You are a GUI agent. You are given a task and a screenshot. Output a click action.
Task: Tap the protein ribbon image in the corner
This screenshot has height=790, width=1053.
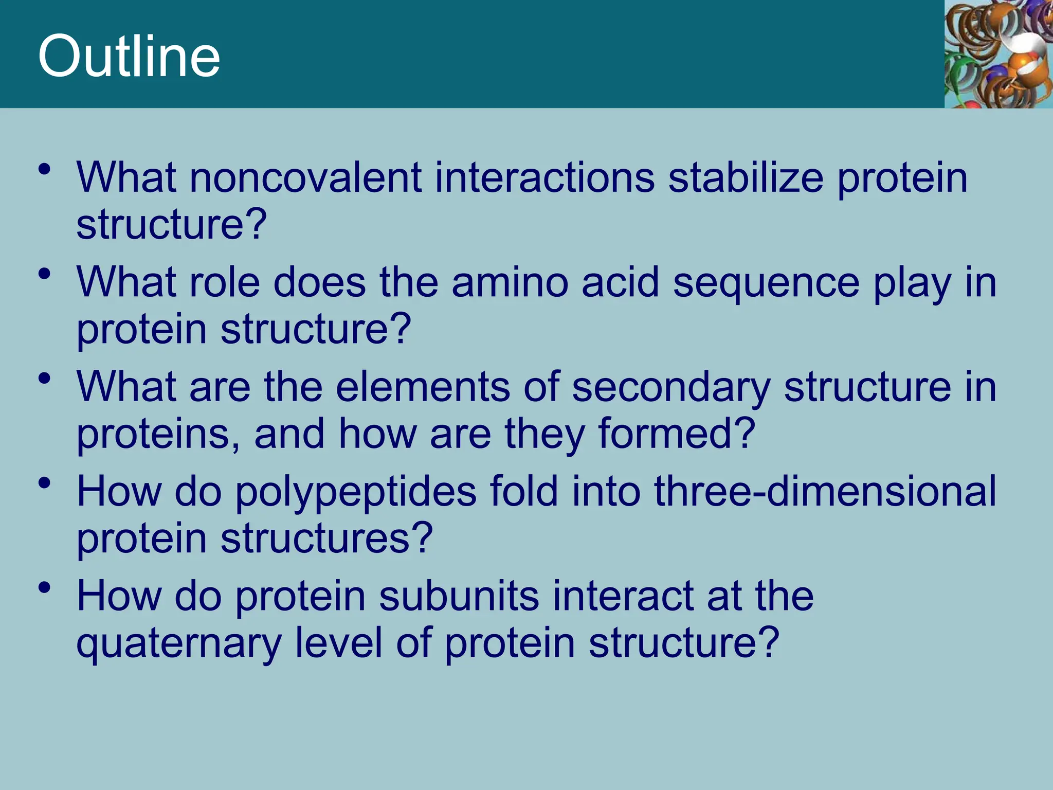998,53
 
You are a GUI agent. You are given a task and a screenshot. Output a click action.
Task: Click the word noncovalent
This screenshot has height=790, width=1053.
306,177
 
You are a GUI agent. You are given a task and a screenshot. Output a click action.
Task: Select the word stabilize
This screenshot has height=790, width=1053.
746,177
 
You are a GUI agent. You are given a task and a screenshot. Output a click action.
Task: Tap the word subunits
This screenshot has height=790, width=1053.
459,596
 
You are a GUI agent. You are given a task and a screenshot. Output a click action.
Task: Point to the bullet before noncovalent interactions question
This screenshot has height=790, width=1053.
45,169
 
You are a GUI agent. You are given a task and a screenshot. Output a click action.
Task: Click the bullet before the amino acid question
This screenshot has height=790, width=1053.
45,274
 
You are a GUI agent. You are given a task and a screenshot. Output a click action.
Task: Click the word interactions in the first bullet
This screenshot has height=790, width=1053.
545,177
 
